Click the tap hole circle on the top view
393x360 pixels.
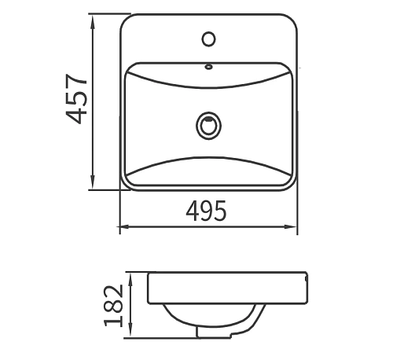click(x=209, y=37)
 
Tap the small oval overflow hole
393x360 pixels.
click(x=209, y=66)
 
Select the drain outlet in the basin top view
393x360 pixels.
click(x=209, y=124)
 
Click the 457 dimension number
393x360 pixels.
click(x=76, y=99)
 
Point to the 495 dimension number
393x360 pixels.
click(x=207, y=211)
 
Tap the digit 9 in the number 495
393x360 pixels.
click(x=207, y=211)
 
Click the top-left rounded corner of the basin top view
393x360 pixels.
click(x=126, y=20)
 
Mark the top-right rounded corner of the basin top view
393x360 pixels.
click(x=292, y=20)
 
